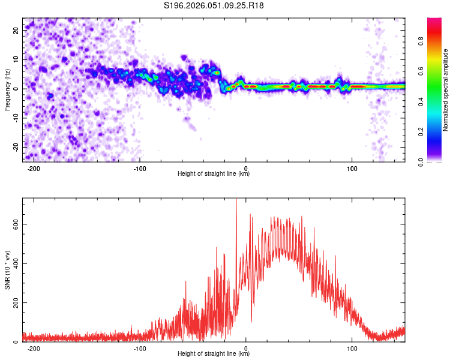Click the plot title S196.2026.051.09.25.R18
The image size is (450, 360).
pyautogui.click(x=214, y=5)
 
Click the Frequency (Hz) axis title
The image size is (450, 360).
pyautogui.click(x=7, y=90)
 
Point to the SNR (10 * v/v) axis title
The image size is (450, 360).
pyautogui.click(x=7, y=270)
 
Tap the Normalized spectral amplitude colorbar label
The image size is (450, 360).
pyautogui.click(x=445, y=90)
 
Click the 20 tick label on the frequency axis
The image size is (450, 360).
pyautogui.click(x=16, y=30)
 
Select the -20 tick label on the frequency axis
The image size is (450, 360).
pyautogui.click(x=16, y=147)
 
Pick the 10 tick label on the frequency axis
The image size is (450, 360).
pyautogui.click(x=16, y=59)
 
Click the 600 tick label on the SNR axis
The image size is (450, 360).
pyautogui.click(x=16, y=224)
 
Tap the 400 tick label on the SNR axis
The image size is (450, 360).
pyautogui.click(x=16, y=263)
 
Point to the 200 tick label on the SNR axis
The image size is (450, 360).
pyautogui.click(x=16, y=302)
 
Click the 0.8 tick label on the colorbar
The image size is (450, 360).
pyautogui.click(x=421, y=41)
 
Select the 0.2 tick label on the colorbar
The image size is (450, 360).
pyautogui.click(x=421, y=131)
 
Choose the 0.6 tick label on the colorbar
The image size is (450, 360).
pyautogui.click(x=421, y=71)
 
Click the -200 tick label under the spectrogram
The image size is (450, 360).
pyautogui.click(x=34, y=169)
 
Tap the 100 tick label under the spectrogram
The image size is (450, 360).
pyautogui.click(x=352, y=169)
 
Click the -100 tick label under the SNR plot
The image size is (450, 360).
pyautogui.click(x=140, y=349)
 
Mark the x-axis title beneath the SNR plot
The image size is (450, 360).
pyautogui.click(x=214, y=353)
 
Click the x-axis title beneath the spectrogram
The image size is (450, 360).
pyautogui.click(x=214, y=173)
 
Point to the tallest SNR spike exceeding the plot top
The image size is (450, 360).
pyautogui.click(x=236, y=201)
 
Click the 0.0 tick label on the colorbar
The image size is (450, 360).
pyautogui.click(x=421, y=162)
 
